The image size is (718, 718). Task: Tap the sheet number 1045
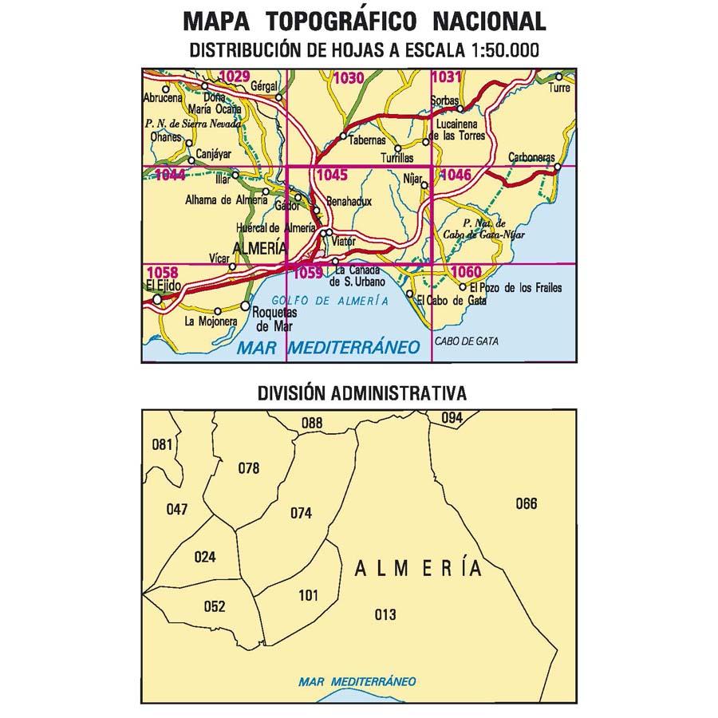point(331,175)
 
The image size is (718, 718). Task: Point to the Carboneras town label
point(531,158)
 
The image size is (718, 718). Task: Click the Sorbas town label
point(445,101)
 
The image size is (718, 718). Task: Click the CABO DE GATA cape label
point(467,341)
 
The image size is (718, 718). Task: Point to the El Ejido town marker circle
point(158,300)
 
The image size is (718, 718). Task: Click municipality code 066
point(527,503)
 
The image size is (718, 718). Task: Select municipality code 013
point(385,614)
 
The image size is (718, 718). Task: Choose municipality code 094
point(452,417)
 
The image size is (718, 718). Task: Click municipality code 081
point(162,444)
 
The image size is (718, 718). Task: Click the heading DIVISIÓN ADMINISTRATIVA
point(361,393)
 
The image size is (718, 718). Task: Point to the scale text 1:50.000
point(495,49)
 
